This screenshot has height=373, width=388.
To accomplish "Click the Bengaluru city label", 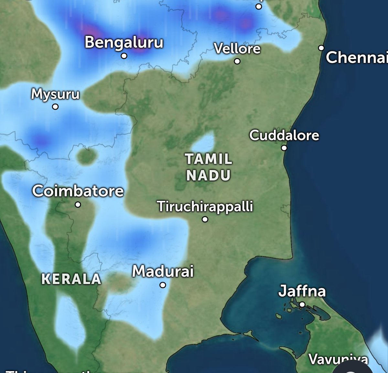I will [124, 42].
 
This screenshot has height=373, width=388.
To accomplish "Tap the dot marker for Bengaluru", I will [124, 56].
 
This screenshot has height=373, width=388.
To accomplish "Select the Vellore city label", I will [237, 48].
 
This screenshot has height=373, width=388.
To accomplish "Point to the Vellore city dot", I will [237, 61].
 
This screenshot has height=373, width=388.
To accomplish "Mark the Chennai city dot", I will [321, 48].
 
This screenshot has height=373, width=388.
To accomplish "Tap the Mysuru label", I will [55, 94].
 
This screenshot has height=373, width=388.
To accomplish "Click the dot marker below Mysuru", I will [55, 107].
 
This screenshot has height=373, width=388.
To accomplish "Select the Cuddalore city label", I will [284, 135].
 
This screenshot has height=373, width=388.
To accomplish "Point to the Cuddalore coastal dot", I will [284, 148].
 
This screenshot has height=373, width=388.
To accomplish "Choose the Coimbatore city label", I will [78, 191].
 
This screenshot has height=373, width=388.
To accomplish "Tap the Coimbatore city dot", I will [78, 204].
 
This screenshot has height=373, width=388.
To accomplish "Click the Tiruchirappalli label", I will [205, 206].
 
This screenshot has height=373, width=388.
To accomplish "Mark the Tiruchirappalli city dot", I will [205, 220].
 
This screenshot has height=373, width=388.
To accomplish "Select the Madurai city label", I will [163, 271].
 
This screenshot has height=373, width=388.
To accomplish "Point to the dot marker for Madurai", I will [163, 285].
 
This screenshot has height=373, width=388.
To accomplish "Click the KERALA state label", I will [71, 279].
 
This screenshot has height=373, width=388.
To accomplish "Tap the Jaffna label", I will [302, 291].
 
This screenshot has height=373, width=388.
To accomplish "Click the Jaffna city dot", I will [302, 304].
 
